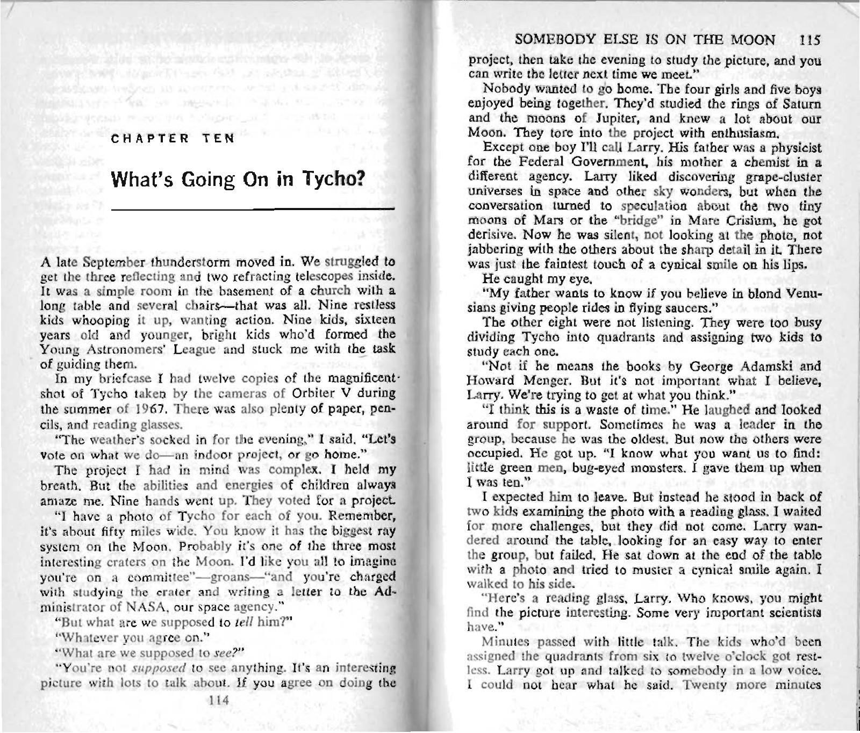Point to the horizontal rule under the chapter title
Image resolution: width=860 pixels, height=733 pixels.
point(253,208)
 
